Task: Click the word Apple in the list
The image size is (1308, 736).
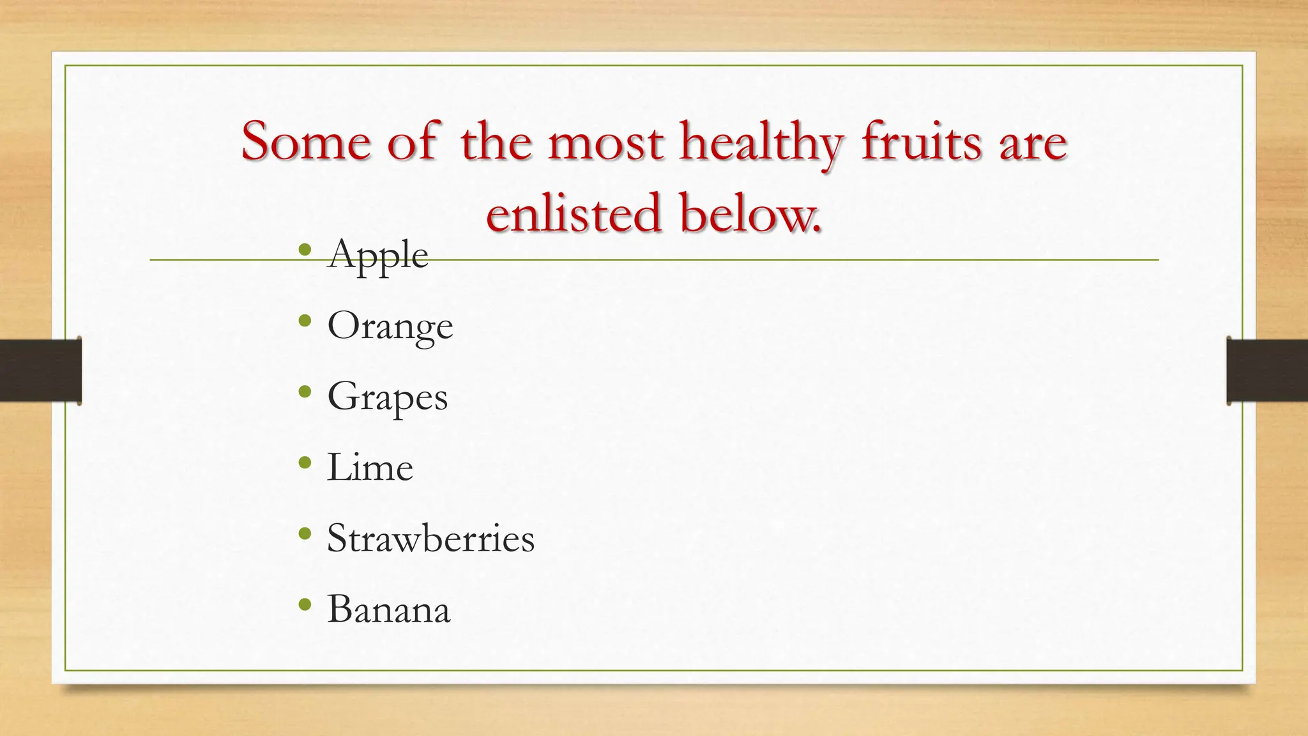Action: click(x=377, y=254)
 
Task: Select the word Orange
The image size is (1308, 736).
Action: click(x=390, y=326)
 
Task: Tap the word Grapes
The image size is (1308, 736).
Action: click(x=387, y=397)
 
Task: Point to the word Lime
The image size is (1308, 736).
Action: click(x=370, y=467)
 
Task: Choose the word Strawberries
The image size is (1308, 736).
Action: click(x=430, y=538)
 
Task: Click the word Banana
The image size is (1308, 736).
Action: click(x=388, y=609)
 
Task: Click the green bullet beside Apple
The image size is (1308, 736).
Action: click(x=305, y=250)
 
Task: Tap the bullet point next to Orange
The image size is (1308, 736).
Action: click(x=305, y=321)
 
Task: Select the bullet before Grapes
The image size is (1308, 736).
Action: click(x=305, y=392)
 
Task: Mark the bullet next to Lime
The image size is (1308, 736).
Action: click(x=305, y=463)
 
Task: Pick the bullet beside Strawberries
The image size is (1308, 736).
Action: click(x=305, y=533)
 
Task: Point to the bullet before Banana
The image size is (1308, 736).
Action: click(x=305, y=604)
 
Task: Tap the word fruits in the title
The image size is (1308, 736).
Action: click(x=921, y=142)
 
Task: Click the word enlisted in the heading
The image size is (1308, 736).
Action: click(x=572, y=213)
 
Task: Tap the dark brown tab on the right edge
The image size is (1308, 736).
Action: click(x=1267, y=371)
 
